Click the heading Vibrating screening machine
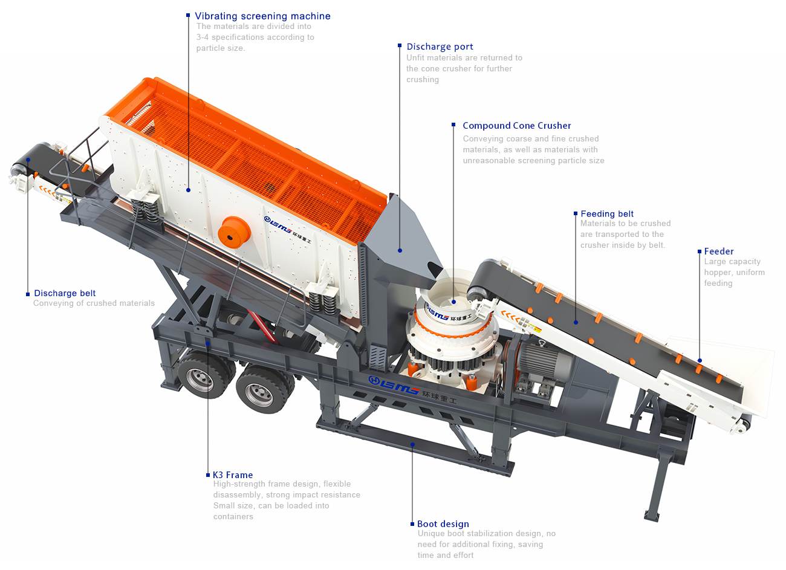(262, 16)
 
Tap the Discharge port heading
(440, 47)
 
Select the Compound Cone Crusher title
(516, 126)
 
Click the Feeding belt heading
(607, 213)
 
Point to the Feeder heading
(719, 251)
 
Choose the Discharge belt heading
(65, 293)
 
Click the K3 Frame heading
(233, 475)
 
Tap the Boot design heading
(443, 523)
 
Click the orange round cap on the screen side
(234, 232)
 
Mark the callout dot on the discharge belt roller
(28, 160)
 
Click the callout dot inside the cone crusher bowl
(453, 302)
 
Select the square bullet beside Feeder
(700, 251)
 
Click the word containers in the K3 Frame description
(233, 516)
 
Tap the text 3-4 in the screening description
(203, 37)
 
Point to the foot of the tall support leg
(652, 516)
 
